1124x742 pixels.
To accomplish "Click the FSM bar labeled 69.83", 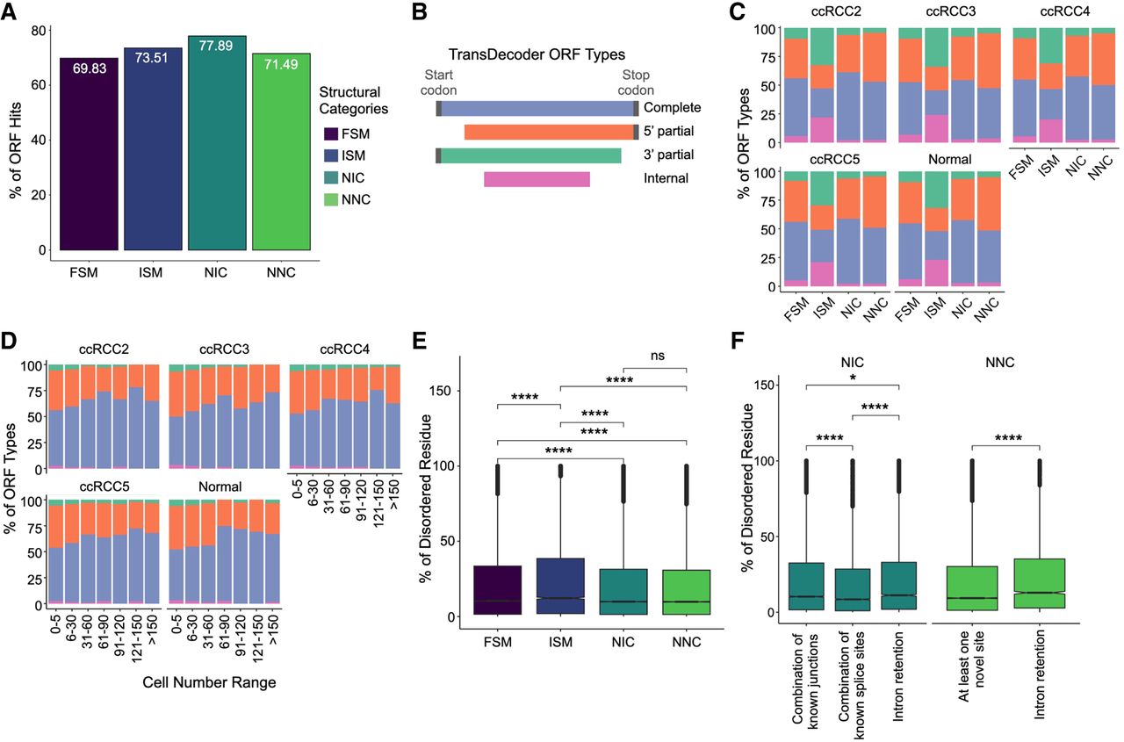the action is (89, 154).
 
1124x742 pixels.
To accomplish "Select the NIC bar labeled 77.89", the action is (217, 143).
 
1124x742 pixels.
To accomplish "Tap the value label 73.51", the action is (151, 58).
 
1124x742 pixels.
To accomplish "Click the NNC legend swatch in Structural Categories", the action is (331, 199).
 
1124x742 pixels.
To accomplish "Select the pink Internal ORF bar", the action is (537, 179).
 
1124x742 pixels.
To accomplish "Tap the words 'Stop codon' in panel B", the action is (636, 83).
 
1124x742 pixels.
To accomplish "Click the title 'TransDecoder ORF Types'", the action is (537, 54).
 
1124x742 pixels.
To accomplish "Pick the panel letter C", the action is (737, 11).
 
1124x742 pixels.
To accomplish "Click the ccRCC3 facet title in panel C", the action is (950, 11).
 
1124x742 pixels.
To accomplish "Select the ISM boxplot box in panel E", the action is (560, 586).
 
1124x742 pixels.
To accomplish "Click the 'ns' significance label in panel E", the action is (658, 356).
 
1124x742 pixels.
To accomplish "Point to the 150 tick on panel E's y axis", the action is (443, 390).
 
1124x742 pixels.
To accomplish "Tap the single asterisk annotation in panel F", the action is (853, 378).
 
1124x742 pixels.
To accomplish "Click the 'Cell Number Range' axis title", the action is (209, 682).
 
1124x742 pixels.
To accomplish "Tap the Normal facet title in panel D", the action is (220, 486).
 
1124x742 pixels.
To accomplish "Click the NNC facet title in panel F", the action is (1000, 363).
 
